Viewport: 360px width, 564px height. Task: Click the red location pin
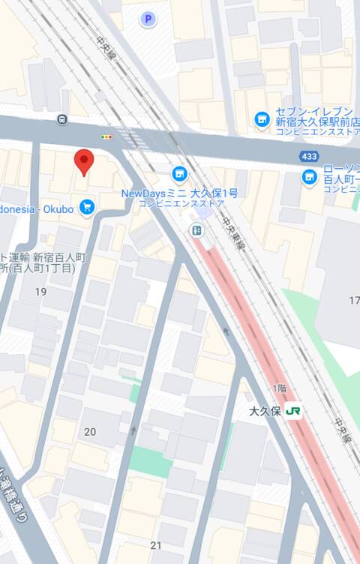pos(85,160)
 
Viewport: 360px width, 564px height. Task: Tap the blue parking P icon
pos(148,19)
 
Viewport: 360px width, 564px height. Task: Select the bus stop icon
pos(61,118)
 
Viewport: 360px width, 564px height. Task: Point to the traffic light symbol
pos(106,137)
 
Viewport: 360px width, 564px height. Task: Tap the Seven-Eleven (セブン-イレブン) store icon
pos(262,118)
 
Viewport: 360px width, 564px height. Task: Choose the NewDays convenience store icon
pos(178,175)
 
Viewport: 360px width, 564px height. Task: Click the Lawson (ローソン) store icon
pos(309,177)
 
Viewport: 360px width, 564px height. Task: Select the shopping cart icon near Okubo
pos(88,206)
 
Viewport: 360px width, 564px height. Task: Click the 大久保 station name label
pos(265,412)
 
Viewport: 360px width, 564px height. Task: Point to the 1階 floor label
pos(279,387)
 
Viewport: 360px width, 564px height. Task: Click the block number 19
pos(40,291)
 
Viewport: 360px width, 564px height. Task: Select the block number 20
pos(90,431)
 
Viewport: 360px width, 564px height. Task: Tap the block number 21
pos(156,545)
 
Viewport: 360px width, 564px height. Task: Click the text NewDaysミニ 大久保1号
pos(179,193)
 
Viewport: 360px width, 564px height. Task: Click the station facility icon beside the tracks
pos(196,230)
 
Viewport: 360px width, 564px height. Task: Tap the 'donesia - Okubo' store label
pos(37,209)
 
